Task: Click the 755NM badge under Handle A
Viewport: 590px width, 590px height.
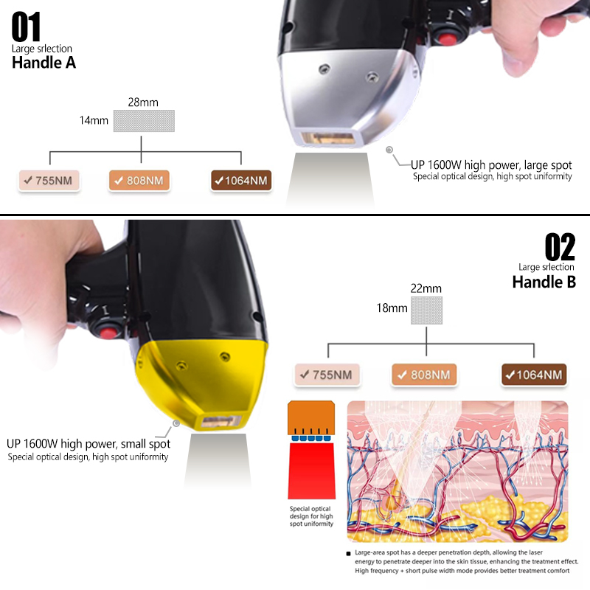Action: pyautogui.click(x=49, y=181)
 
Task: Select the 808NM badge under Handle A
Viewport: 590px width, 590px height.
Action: pyautogui.click(x=139, y=181)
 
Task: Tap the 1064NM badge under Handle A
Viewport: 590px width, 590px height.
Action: pyautogui.click(x=241, y=181)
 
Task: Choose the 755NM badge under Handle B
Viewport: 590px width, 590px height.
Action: pyautogui.click(x=327, y=375)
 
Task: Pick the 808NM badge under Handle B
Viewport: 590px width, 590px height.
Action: pyautogui.click(x=424, y=375)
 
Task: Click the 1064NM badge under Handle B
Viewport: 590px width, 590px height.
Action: pyautogui.click(x=534, y=375)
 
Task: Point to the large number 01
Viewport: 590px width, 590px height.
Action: pyautogui.click(x=26, y=27)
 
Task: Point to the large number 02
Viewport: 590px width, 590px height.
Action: pyautogui.click(x=560, y=247)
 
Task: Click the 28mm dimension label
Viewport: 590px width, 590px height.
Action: pyautogui.click(x=143, y=103)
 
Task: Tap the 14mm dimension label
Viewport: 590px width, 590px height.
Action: pyautogui.click(x=94, y=120)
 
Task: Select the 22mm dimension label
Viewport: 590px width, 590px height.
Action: pyautogui.click(x=426, y=288)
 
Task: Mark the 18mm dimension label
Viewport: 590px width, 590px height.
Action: pyautogui.click(x=392, y=308)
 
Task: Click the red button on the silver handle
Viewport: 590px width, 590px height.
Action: pyautogui.click(x=446, y=39)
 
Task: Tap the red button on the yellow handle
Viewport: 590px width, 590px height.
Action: pyautogui.click(x=108, y=333)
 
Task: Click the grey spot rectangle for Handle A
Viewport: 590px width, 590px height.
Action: pyautogui.click(x=144, y=121)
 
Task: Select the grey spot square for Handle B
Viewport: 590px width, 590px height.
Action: pyautogui.click(x=426, y=310)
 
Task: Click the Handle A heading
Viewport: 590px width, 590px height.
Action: pyautogui.click(x=44, y=63)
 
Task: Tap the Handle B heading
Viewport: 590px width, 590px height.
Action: pyautogui.click(x=544, y=282)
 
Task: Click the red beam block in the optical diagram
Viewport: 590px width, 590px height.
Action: pyautogui.click(x=311, y=471)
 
